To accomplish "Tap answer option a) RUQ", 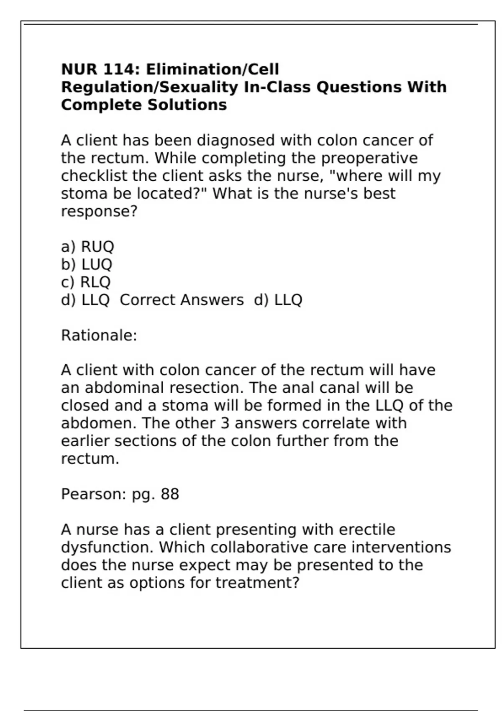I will tap(87, 247).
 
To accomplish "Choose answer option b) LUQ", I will tap(87, 264).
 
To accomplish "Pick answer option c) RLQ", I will tap(86, 282).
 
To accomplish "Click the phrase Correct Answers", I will tap(182, 300).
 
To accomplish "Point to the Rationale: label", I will tap(99, 335).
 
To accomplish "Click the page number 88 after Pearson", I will tap(170, 494).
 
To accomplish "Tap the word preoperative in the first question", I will tap(369, 158).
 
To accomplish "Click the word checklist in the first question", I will tap(94, 176).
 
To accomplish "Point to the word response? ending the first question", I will tap(99, 211).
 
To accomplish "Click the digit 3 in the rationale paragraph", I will tap(225, 423).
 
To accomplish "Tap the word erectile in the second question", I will tap(367, 529).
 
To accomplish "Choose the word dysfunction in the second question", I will tap(108, 547).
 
